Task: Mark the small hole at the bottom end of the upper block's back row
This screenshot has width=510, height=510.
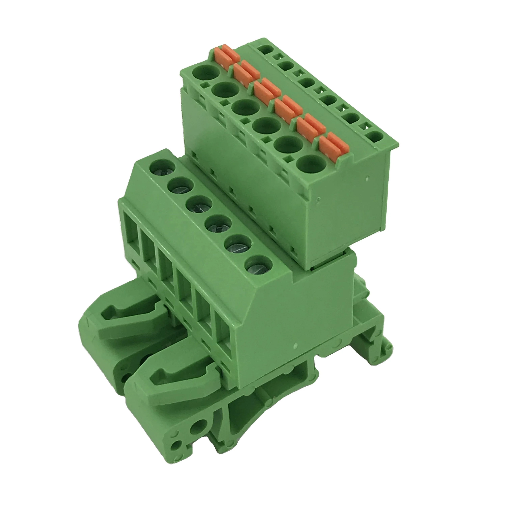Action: click(375, 137)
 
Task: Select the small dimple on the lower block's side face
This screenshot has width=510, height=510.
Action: click(295, 345)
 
